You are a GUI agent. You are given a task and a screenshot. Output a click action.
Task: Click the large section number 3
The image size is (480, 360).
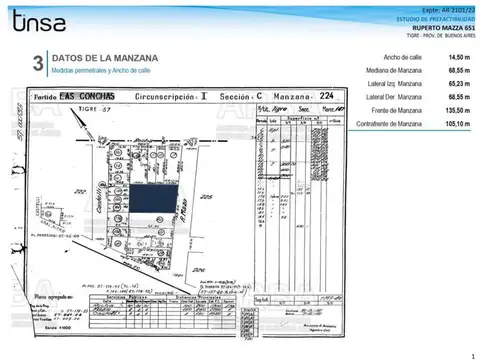pos(37,65)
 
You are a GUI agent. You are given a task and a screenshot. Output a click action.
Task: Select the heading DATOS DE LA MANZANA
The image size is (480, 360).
pos(100,58)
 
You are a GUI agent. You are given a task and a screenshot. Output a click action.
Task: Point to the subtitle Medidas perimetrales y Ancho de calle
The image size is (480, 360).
pos(101,72)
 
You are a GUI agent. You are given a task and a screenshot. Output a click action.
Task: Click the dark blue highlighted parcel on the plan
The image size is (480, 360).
pos(155,198)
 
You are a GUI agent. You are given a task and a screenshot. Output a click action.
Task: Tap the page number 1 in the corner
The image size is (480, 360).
pos(471,354)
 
